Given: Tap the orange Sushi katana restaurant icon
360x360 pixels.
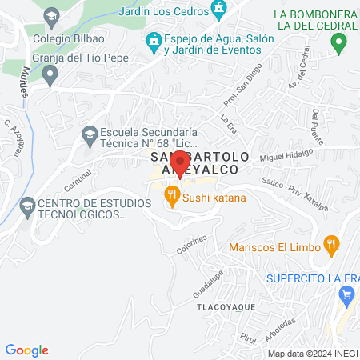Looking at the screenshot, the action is [170, 195].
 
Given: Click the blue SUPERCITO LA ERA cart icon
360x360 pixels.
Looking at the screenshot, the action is [346, 295].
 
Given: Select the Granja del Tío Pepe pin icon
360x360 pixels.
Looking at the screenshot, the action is [50, 77].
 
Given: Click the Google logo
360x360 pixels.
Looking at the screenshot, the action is [27, 350].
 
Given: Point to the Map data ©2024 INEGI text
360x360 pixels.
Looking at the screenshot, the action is [311, 354].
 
